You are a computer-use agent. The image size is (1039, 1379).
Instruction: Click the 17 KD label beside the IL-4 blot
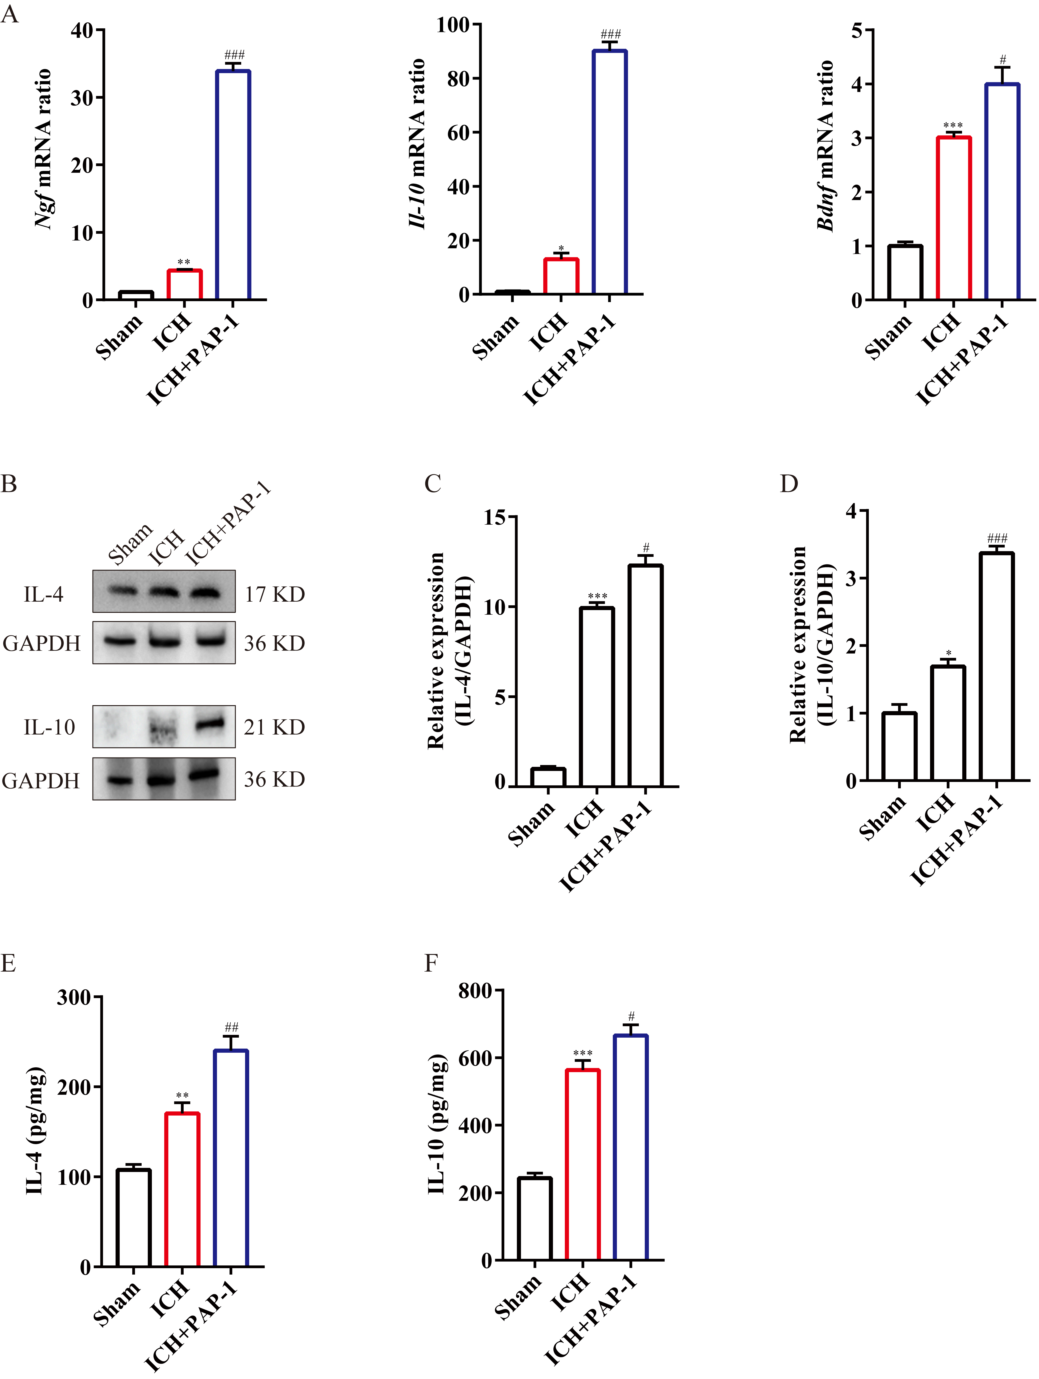274,594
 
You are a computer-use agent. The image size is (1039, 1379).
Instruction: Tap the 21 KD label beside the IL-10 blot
274,727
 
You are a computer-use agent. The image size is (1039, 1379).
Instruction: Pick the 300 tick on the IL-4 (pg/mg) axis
74,997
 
